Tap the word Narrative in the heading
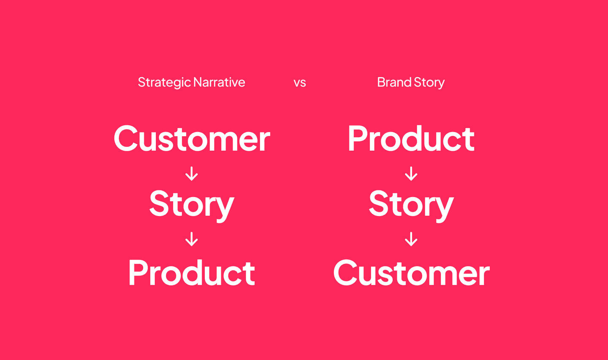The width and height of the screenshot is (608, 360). click(x=219, y=82)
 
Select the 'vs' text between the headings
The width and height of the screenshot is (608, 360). click(x=300, y=82)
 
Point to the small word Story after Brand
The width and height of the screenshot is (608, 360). click(x=429, y=82)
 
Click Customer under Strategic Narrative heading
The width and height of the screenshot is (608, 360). click(x=192, y=139)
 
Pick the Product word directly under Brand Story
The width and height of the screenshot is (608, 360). click(x=411, y=139)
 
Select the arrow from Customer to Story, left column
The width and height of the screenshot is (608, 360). click(x=192, y=173)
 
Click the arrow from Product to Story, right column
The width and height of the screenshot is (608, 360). click(x=411, y=173)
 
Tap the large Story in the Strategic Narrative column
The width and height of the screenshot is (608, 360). click(x=192, y=204)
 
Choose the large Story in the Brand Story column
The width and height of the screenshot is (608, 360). click(x=411, y=204)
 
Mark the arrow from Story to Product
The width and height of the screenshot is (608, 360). click(x=192, y=239)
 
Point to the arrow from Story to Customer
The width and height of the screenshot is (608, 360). click(x=411, y=239)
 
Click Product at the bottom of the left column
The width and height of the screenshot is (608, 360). click(x=192, y=273)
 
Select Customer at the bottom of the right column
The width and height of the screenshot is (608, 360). click(x=411, y=273)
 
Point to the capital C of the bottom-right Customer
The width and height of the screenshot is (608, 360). click(x=347, y=273)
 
